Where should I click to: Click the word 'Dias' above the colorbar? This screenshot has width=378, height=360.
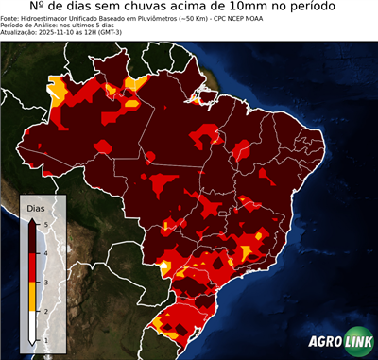click(35, 207)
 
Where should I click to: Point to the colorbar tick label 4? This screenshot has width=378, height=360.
click(47, 253)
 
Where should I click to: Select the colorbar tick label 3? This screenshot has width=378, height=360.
click(47, 283)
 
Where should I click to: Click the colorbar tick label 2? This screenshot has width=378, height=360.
click(47, 311)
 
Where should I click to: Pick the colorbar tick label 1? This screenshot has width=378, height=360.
click(47, 340)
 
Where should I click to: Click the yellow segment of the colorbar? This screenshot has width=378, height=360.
click(32, 297)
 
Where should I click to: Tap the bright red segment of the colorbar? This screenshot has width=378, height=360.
click(32, 268)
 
